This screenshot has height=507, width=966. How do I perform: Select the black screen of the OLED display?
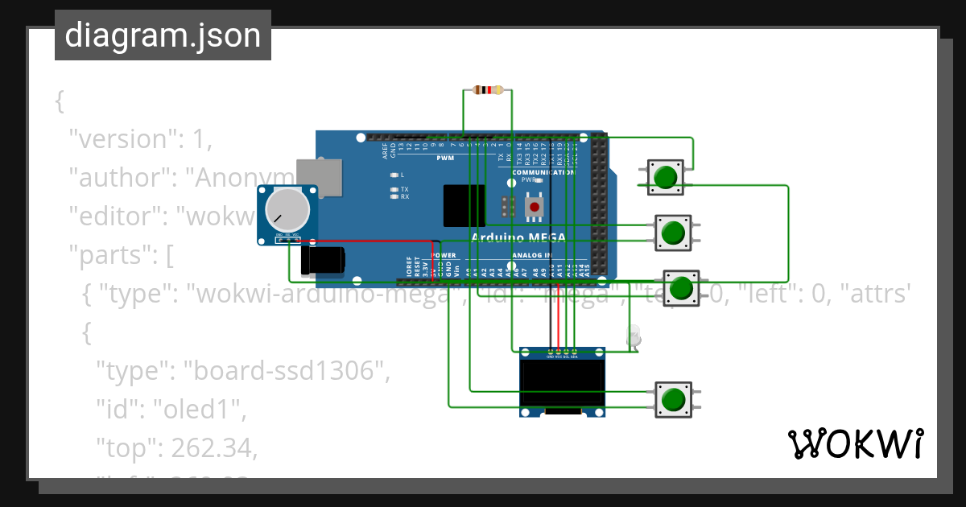pos(562,383)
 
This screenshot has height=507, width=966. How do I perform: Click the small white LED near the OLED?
pos(634,336)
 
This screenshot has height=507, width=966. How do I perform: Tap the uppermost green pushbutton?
pos(666,177)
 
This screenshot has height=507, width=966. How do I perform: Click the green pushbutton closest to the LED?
pos(681,288)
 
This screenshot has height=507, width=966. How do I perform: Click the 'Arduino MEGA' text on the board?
pos(518,237)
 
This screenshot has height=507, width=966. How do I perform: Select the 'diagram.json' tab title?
pos(163,35)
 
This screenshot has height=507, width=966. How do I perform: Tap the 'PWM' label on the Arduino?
pos(445,159)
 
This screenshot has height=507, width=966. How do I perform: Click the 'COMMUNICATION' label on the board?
pos(543,172)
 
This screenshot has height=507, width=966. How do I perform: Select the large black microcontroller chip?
pos(464,206)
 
